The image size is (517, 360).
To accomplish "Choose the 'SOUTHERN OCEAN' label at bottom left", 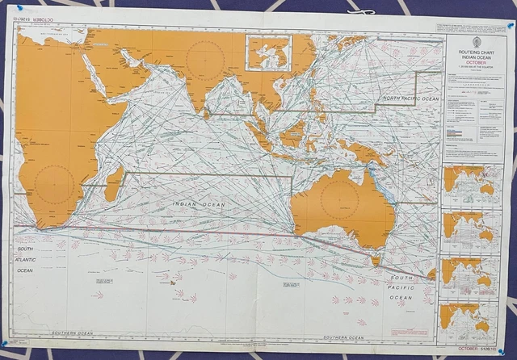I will (73, 333).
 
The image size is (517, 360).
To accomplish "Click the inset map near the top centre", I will (269, 52).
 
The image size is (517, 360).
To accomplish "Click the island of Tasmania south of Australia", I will (375, 260).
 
